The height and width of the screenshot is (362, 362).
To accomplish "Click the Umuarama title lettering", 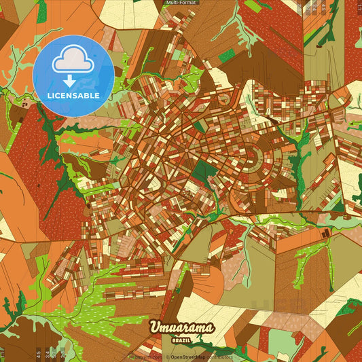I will pos(181,328).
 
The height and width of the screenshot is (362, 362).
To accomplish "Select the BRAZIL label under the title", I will pos(181,338).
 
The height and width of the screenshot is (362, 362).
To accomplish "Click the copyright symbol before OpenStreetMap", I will pos(168,356).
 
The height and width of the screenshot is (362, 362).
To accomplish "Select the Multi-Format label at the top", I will pos(181,3).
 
